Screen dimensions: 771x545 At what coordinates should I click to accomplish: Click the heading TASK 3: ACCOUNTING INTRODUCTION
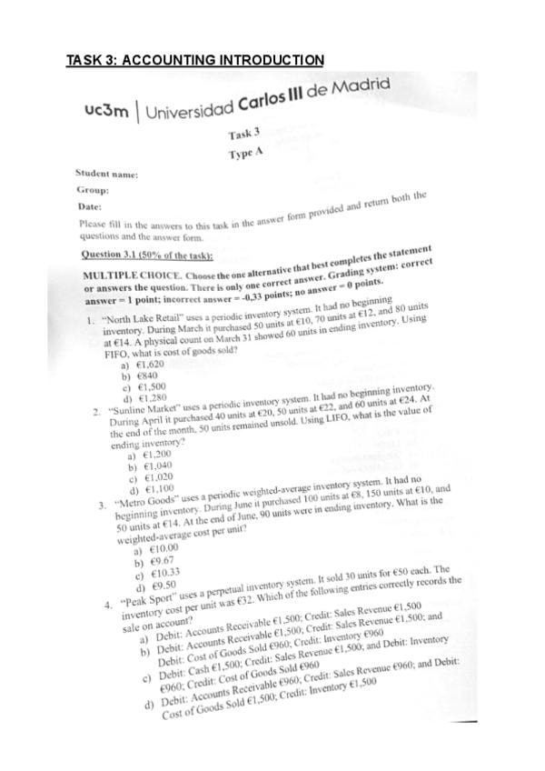click(195, 61)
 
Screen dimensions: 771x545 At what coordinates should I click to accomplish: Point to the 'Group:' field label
click(93, 192)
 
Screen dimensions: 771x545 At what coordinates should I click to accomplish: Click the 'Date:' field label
click(90, 208)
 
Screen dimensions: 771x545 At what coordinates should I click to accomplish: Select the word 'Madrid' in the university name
click(362, 87)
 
